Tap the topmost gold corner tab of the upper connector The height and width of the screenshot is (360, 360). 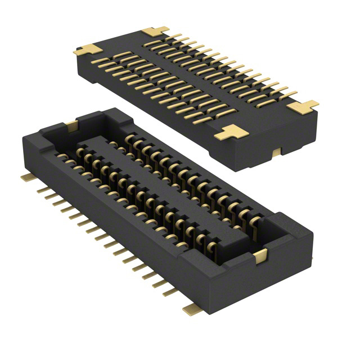(155, 31)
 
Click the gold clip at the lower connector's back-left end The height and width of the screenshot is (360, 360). (71, 124)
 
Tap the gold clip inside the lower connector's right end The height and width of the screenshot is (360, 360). (260, 256)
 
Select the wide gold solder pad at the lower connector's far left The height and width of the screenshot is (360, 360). (25, 177)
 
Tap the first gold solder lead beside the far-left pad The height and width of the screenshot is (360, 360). (42, 190)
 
